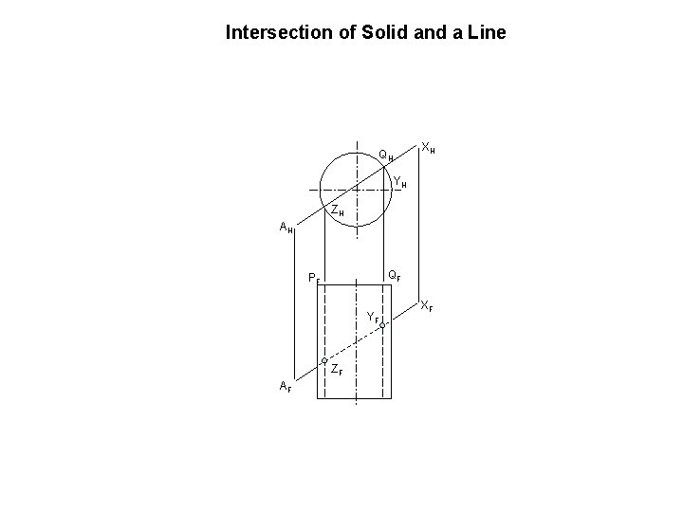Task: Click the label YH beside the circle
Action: coord(400,183)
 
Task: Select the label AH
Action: coord(286,228)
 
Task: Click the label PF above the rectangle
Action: coord(314,279)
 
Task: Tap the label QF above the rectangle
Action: coord(393,276)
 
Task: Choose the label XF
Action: coord(428,306)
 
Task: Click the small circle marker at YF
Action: coord(382,325)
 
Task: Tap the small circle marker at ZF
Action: coord(324,362)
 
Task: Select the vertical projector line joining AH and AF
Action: coord(295,303)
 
